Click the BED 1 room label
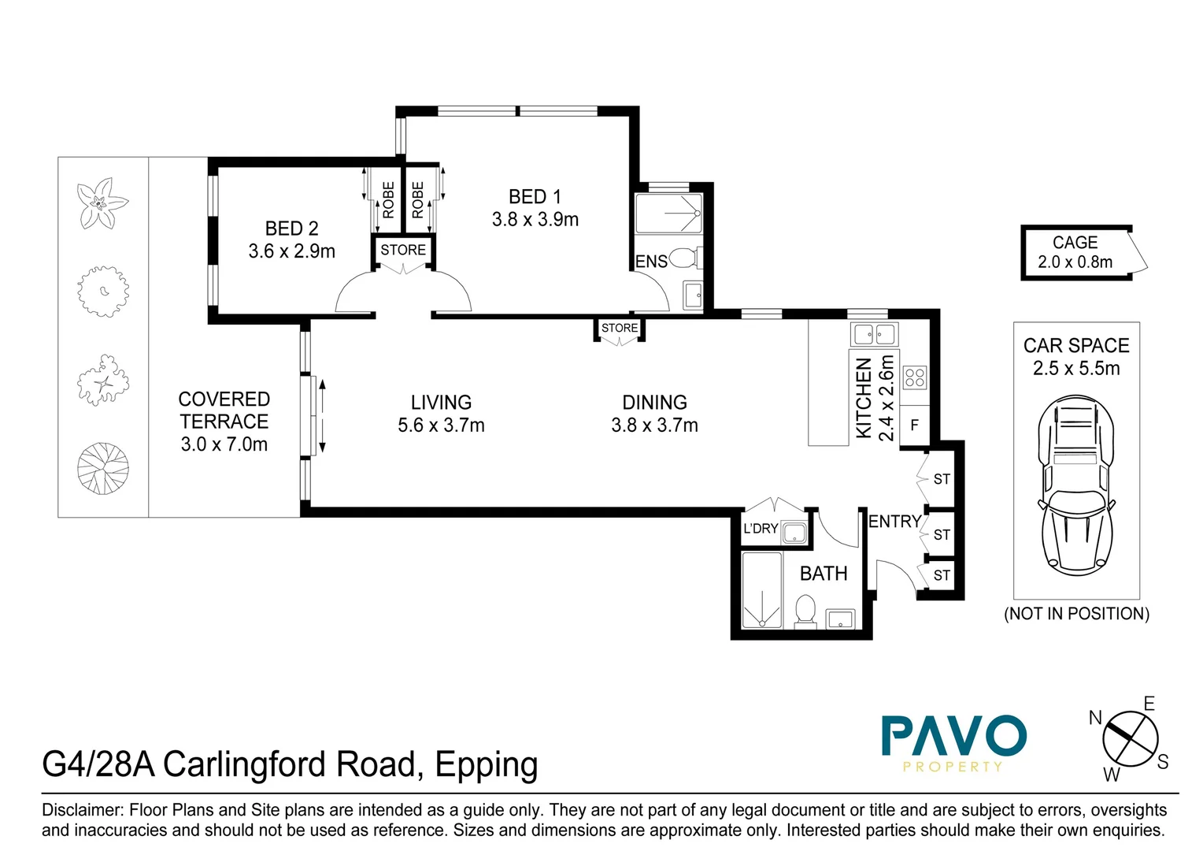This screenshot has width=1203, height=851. [x=535, y=197]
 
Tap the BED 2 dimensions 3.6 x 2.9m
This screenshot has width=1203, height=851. [x=291, y=251]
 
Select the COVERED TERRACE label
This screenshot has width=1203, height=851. [x=224, y=410]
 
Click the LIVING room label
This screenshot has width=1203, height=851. [x=441, y=403]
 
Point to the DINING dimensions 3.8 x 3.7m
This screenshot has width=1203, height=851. [x=654, y=425]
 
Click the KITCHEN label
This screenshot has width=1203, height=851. [x=864, y=398]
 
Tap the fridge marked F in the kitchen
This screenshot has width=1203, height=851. [x=914, y=425]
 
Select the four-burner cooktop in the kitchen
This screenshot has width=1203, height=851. [x=914, y=377]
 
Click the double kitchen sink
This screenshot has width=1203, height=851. [x=874, y=334]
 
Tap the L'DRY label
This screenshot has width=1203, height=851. [x=760, y=529]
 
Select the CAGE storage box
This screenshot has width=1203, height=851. [x=1075, y=252]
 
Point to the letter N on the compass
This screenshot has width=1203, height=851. [x=1095, y=718]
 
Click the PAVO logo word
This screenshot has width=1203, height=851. [x=953, y=736]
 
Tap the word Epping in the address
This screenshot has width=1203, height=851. [x=486, y=765]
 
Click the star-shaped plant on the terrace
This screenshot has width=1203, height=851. [x=102, y=203]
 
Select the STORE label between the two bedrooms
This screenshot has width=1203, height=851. [x=403, y=251]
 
